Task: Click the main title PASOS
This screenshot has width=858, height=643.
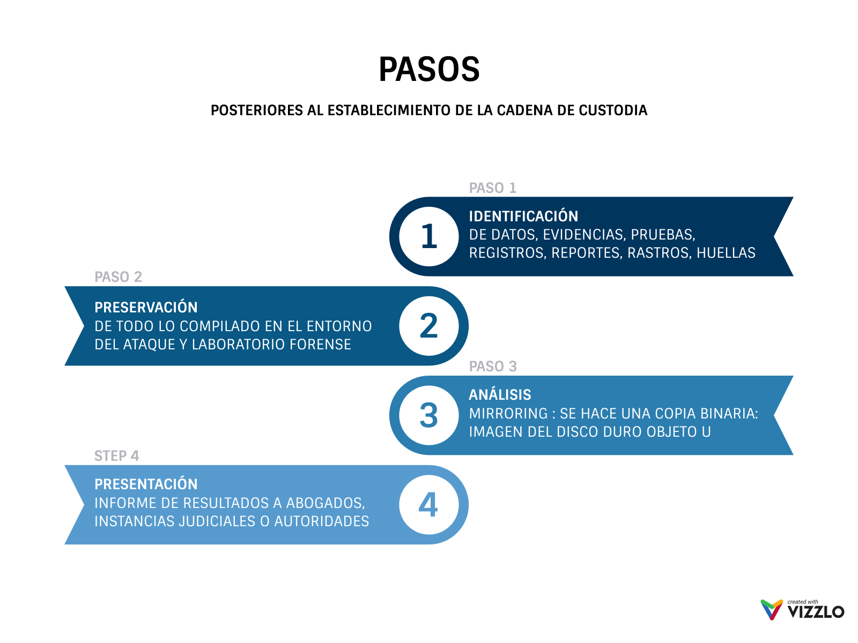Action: tap(429, 70)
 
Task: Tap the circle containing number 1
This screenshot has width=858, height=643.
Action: tap(429, 236)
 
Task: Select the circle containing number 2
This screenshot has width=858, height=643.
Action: tap(429, 326)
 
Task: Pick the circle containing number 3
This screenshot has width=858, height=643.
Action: tap(429, 415)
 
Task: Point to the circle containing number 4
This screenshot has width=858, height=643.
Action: tap(429, 505)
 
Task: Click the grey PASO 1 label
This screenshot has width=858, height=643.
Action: tap(492, 188)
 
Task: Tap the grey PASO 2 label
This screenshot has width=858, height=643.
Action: tap(118, 277)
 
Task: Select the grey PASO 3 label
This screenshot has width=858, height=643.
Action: tap(492, 367)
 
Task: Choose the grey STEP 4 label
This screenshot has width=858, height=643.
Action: tap(116, 456)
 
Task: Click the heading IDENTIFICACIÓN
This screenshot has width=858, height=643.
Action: tap(523, 216)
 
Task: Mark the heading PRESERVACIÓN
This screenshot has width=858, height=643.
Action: tap(146, 308)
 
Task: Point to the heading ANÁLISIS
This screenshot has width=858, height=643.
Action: tap(500, 395)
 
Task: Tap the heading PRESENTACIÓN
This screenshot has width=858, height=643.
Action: tap(146, 484)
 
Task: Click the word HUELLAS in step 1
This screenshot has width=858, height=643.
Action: tap(726, 253)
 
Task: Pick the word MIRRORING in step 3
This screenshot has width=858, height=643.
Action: tap(508, 414)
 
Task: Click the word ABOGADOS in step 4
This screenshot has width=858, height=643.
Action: tap(325, 503)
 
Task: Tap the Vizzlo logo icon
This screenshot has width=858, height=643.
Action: tap(772, 610)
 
